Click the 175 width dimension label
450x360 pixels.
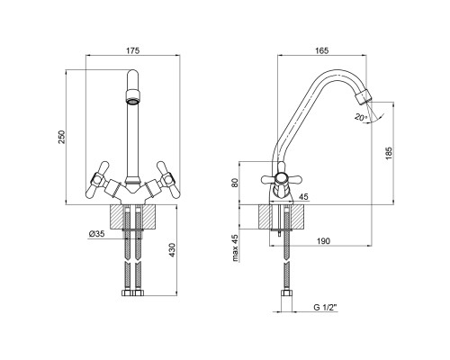click(132, 50)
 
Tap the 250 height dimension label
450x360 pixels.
click(61, 137)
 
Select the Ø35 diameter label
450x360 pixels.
click(97, 234)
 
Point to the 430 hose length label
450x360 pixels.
click(172, 250)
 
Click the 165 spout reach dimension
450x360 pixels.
click(322, 50)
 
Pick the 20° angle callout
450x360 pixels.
click(360, 117)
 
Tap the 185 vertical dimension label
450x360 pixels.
click(389, 153)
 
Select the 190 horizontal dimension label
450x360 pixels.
click(323, 241)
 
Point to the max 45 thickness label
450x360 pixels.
click(235, 247)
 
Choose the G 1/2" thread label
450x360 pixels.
click(326, 307)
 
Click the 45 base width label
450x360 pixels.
click(303, 197)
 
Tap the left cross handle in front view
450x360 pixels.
click(97, 179)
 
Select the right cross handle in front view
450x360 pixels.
click(166, 179)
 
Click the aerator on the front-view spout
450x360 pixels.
click(132, 96)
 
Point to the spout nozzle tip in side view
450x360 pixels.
click(363, 96)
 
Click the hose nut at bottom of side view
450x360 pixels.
click(286, 293)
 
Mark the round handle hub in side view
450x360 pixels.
click(282, 179)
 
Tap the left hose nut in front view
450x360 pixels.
click(127, 293)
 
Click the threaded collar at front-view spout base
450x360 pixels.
click(132, 180)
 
